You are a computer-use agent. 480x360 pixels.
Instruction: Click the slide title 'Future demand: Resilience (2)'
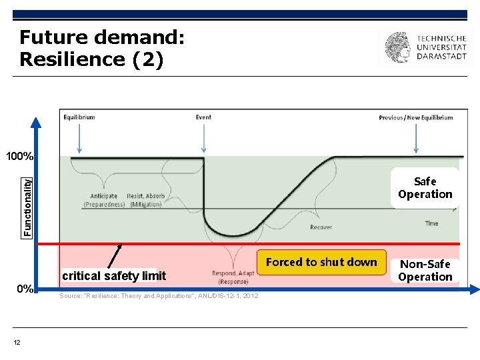pos(101,48)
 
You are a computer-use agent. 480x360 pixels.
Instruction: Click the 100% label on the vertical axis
pos(19,157)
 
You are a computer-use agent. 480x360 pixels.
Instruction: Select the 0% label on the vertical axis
pos(25,289)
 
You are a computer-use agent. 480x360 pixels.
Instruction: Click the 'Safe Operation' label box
pos(425,188)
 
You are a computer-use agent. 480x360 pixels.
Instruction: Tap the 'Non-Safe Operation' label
pos(425,271)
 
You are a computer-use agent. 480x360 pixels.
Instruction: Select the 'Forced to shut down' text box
pos(321,262)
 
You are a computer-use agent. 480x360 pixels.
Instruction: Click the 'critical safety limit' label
pos(114,275)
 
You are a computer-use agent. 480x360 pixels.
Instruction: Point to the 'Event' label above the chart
pos(203,117)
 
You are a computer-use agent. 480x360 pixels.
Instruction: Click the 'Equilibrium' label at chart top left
pos(79,117)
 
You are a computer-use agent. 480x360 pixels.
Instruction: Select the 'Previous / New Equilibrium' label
pos(415,117)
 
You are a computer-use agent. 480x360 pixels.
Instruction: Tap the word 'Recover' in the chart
pos(321,227)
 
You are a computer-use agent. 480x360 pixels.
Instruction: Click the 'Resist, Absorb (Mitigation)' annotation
pos(146,200)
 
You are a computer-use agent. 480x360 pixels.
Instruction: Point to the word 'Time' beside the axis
pos(431,223)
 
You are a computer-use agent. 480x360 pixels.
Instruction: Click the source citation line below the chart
pos(159,296)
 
